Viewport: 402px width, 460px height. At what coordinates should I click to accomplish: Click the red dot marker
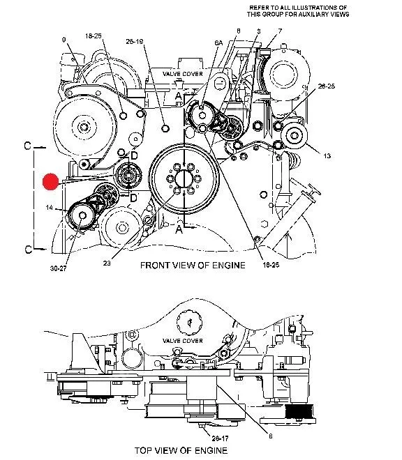coord(50,181)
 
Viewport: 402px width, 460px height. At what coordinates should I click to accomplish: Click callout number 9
coord(64,40)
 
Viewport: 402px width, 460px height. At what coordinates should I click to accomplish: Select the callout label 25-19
coord(134,42)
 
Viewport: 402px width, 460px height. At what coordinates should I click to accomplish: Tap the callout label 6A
coord(218,43)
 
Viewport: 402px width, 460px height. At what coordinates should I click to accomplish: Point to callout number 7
coord(280,31)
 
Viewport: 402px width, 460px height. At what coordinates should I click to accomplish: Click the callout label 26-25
coord(326,86)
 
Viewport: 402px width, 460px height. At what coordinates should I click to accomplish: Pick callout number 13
coord(327,156)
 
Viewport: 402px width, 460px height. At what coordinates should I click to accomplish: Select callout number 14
coord(50,208)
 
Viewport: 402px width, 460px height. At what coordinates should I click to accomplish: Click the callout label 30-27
coord(58,268)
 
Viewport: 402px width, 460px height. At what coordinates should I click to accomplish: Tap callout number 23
coord(107,263)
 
